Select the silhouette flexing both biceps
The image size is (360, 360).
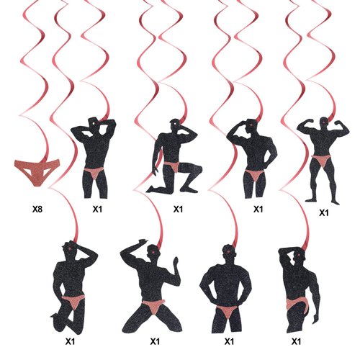click(x=320, y=158)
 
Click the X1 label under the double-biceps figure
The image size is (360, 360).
click(x=323, y=212)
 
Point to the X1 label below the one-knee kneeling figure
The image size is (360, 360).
click(x=178, y=210)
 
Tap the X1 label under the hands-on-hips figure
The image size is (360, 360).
click(x=230, y=341)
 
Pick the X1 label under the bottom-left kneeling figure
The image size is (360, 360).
click(x=71, y=341)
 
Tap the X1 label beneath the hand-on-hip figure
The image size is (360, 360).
click(x=257, y=210)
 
